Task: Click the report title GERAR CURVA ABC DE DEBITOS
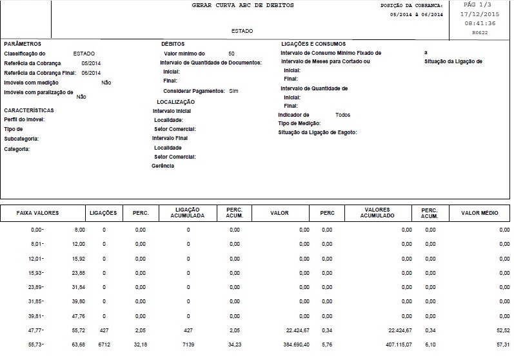[x=242, y=5]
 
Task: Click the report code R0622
[x=480, y=31]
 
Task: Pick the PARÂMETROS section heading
[x=23, y=43]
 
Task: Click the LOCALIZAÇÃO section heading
[x=175, y=102]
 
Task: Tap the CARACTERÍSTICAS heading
[x=28, y=110]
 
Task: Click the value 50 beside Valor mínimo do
[x=232, y=53]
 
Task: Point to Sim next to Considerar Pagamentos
[x=233, y=92]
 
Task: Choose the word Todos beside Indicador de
[x=343, y=114]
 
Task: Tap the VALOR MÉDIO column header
[x=478, y=213]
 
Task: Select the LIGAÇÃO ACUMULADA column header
[x=188, y=213]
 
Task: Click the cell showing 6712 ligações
[x=104, y=345]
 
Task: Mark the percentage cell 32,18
[x=140, y=345]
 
